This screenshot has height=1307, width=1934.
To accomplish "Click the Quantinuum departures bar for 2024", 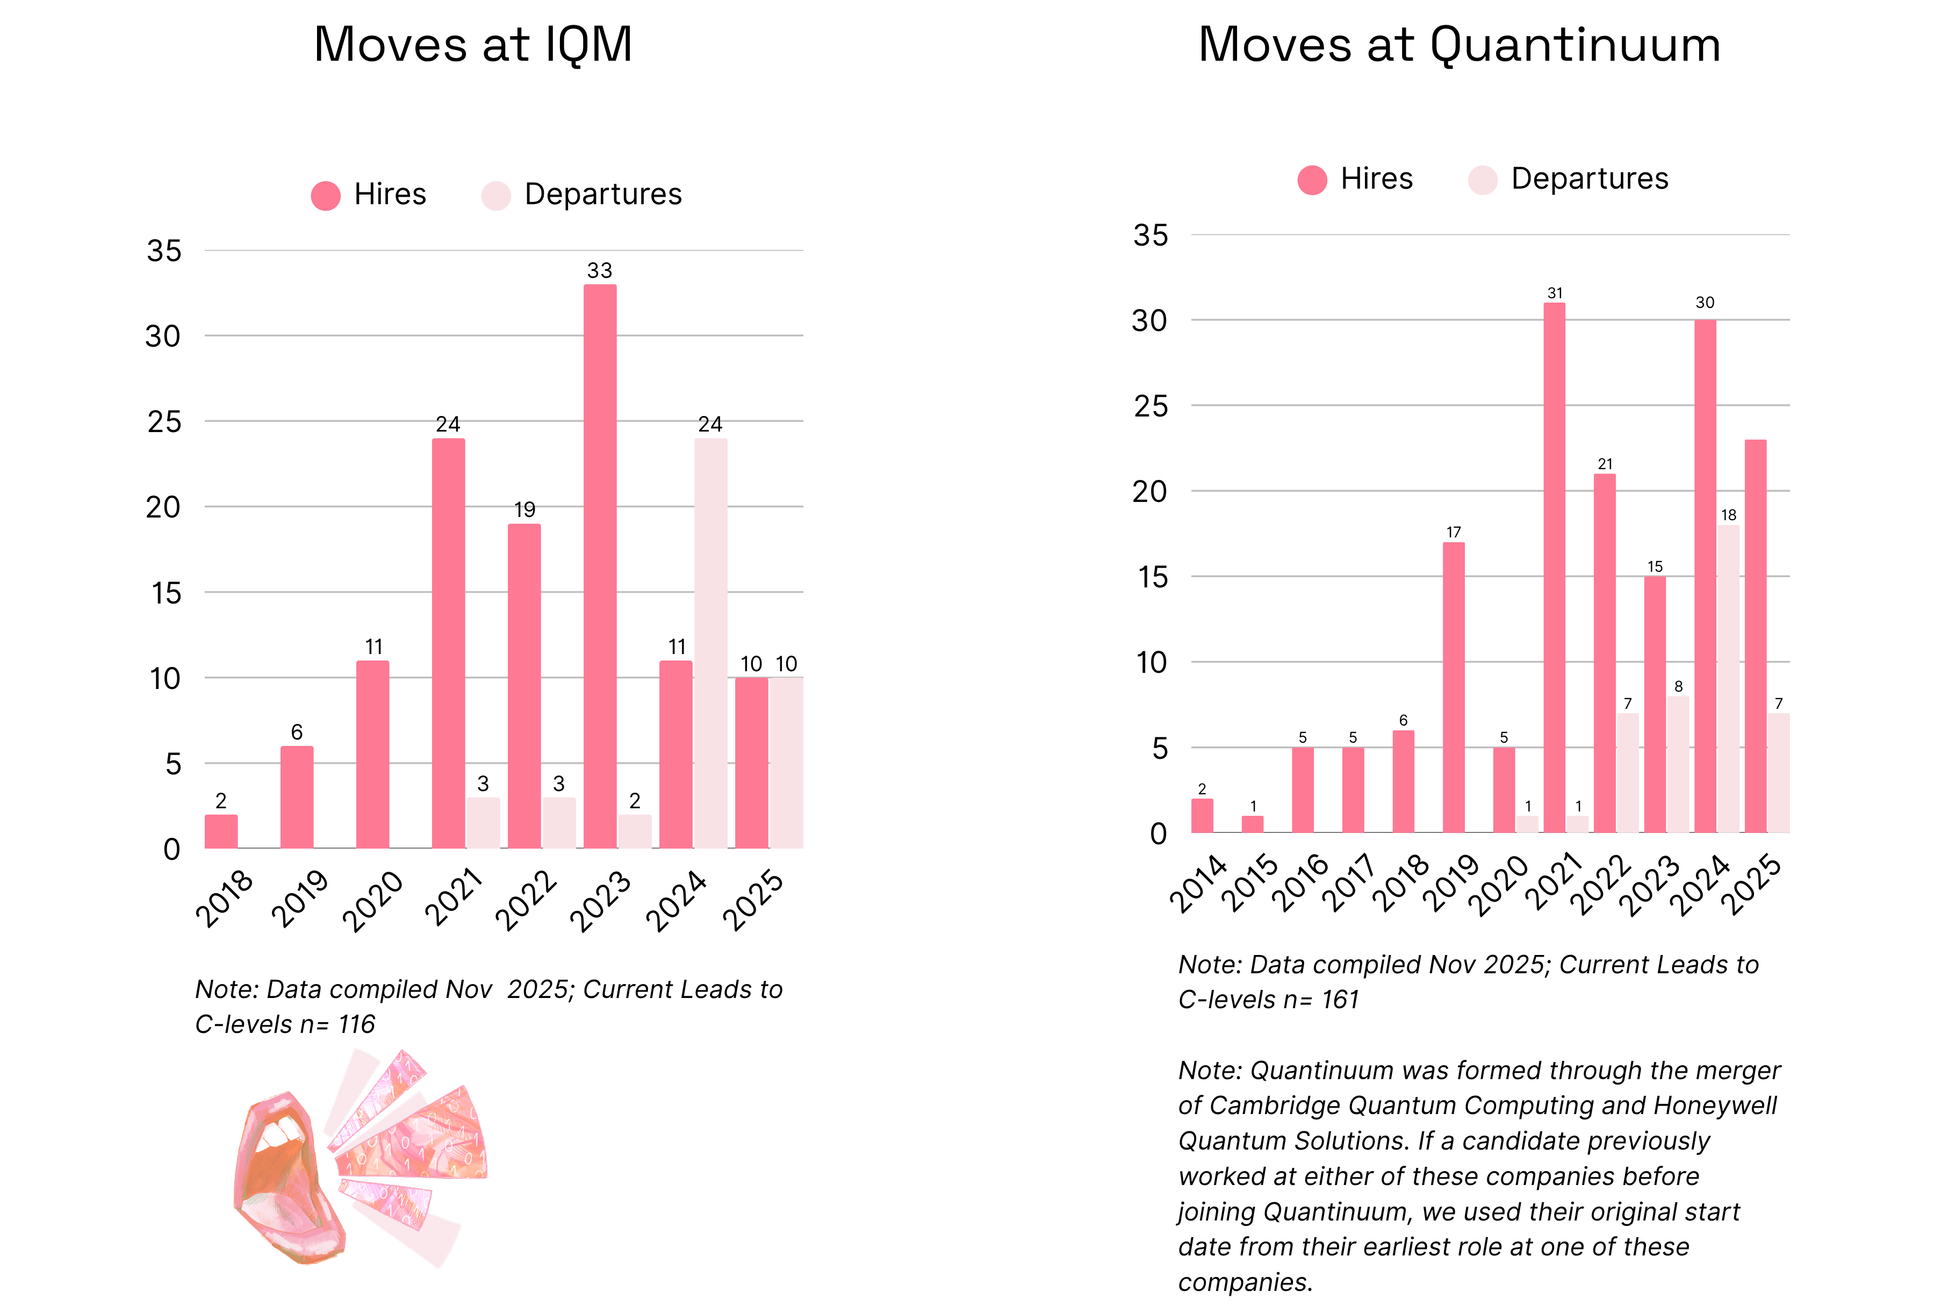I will click(1728, 678).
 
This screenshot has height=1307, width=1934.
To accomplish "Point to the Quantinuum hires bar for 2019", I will click(1453, 687).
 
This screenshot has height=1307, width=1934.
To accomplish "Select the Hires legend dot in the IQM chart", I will click(326, 196).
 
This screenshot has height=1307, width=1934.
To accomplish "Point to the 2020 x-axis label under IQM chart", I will click(373, 901).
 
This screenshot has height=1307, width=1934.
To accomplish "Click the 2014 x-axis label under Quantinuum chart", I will click(1198, 884).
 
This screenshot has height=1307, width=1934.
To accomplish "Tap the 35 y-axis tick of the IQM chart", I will click(164, 250).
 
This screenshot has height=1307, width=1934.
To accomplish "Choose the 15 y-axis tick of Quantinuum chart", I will click(1153, 577).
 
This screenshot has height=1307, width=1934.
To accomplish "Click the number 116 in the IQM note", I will click(356, 1024).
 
